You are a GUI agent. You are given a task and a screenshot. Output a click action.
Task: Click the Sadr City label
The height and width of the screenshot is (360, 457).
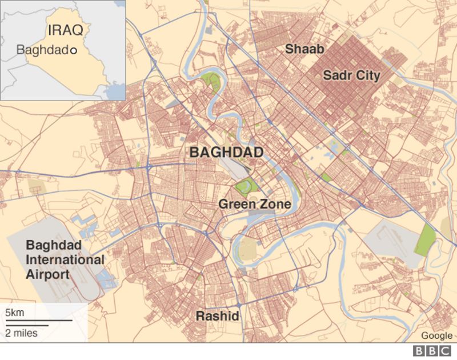351,75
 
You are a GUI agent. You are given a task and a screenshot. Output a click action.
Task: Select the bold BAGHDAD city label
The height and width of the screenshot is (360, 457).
226,153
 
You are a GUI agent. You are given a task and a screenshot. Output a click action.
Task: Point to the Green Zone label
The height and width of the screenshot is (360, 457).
255,204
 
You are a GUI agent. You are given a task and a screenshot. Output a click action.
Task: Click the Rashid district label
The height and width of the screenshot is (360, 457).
217,316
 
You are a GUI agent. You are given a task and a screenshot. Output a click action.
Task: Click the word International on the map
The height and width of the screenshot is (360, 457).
65,259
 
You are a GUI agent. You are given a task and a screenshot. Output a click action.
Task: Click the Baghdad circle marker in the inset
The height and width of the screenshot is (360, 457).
73,50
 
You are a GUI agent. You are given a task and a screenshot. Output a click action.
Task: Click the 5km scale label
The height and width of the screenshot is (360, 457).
15,313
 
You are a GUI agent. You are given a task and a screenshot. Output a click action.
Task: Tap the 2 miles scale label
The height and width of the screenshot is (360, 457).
21,333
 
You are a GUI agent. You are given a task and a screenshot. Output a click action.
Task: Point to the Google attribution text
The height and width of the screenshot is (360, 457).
436,335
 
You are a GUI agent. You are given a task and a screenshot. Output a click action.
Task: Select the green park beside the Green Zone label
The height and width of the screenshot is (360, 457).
246,186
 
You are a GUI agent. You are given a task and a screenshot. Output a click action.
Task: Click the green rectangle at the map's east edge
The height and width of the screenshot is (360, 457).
426,239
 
